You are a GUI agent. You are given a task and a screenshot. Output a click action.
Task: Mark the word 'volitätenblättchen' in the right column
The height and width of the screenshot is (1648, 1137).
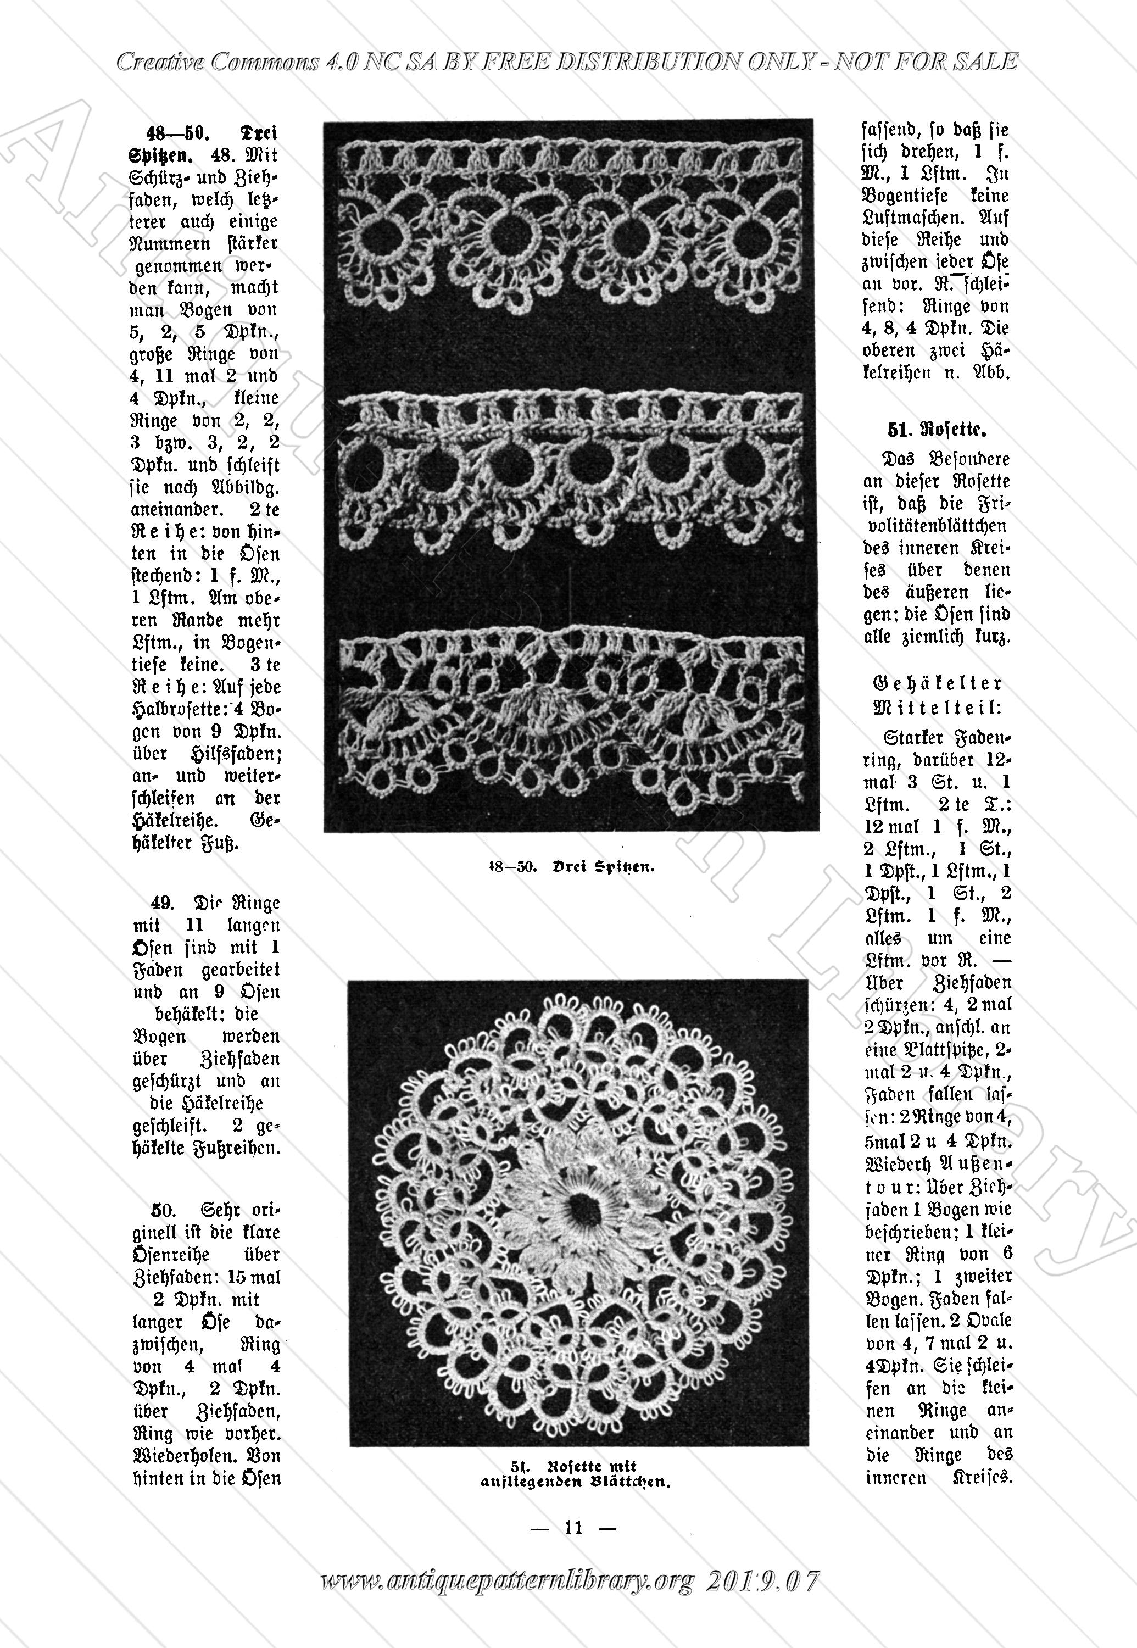click(x=938, y=526)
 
